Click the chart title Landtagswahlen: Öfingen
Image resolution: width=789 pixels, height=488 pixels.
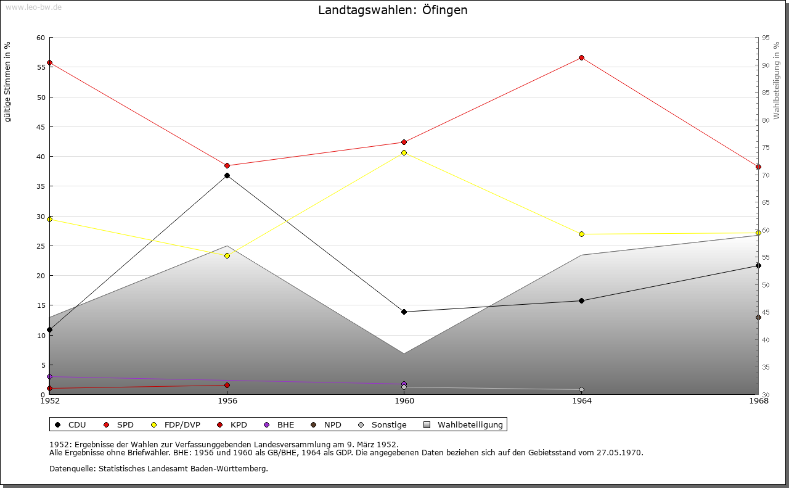click(393, 10)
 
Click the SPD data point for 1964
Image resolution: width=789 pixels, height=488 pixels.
click(581, 58)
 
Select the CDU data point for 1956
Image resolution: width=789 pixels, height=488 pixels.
click(227, 176)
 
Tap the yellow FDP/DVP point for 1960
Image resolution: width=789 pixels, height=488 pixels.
click(404, 152)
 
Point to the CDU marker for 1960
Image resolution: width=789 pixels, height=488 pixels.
click(404, 312)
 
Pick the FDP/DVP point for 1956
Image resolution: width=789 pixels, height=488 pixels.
click(227, 255)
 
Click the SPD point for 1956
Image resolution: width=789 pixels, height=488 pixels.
click(227, 165)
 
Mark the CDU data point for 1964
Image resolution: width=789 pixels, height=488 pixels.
click(581, 301)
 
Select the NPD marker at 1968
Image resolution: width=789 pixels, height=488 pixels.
click(758, 318)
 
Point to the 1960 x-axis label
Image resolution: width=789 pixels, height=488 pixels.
click(404, 401)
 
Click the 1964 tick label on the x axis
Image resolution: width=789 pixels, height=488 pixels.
click(581, 401)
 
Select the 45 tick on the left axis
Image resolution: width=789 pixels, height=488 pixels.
click(41, 127)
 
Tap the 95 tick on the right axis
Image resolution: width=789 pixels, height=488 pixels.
click(766, 38)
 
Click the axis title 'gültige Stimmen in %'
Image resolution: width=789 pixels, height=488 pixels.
click(8, 81)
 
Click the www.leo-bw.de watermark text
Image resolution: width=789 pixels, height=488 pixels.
click(33, 6)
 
